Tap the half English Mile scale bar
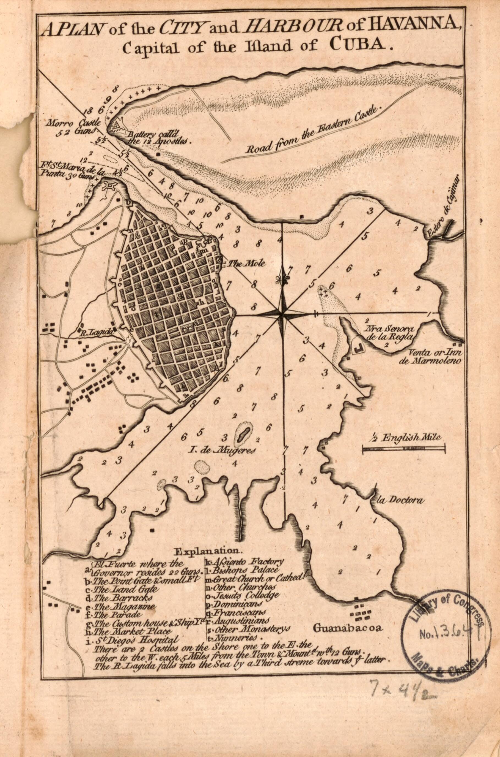click(404, 449)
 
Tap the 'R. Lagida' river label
click(96, 332)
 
